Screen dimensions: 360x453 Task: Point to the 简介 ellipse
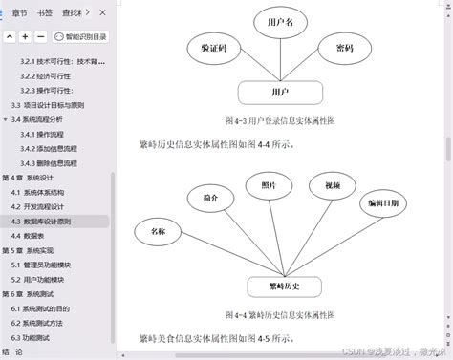click(210, 198)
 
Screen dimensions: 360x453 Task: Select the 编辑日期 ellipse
click(385, 205)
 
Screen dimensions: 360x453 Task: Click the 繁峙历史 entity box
click(281, 286)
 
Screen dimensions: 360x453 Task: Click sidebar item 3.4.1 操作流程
click(47, 134)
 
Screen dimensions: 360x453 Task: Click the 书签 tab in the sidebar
click(44, 12)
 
